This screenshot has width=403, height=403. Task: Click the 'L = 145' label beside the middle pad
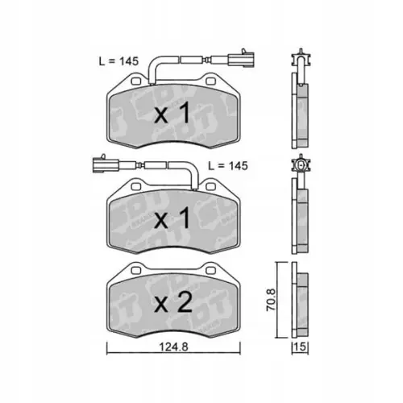coord(226,165)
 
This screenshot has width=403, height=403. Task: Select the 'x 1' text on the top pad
coord(171,114)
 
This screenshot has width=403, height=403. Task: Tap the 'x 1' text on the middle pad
coord(171,218)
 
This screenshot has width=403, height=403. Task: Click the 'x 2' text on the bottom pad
coord(171,303)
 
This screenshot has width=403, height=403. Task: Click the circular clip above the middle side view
coord(301,166)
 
